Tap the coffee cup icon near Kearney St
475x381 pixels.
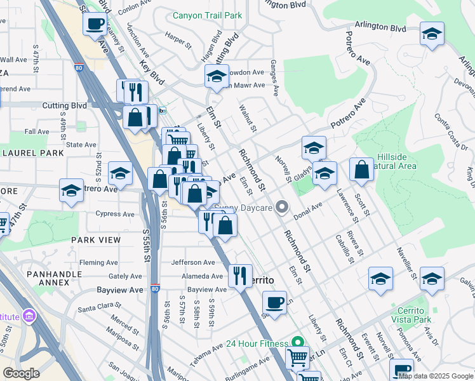point(95,25)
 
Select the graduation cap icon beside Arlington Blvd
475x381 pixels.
point(432,34)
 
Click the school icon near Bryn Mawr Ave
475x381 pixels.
point(217,77)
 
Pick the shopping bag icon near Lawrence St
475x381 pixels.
point(361,170)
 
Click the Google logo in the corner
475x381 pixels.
point(22,373)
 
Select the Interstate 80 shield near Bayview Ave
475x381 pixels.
point(156,289)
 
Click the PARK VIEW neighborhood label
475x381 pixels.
point(95,239)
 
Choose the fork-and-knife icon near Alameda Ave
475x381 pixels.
point(239,276)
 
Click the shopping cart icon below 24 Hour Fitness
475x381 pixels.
point(297,358)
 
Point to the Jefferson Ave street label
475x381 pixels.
point(192,262)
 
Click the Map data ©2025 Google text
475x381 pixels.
point(436,376)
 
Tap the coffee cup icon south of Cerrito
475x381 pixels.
point(274,303)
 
